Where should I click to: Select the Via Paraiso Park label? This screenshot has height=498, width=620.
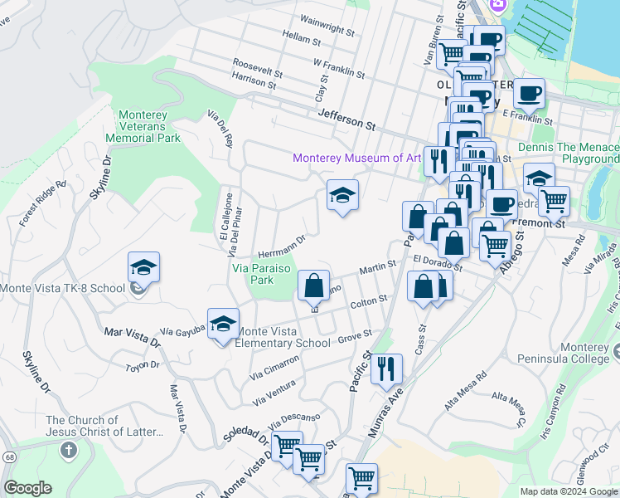click(264, 274)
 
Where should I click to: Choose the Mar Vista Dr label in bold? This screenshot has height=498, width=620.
click(132, 335)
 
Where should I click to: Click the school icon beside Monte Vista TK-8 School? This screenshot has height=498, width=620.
click(143, 268)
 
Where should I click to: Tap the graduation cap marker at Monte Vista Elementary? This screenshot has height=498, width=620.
click(222, 325)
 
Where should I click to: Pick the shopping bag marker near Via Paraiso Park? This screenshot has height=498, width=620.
click(314, 287)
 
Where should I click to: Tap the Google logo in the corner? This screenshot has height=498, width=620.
click(27, 488)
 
